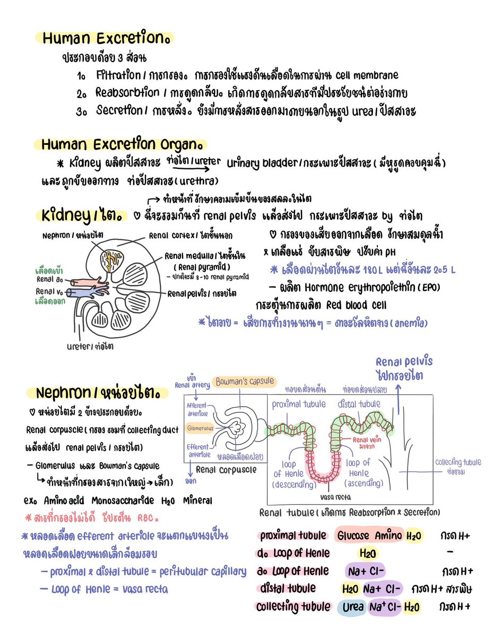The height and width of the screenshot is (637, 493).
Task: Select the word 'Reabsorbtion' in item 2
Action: pyautogui.click(x=127, y=92)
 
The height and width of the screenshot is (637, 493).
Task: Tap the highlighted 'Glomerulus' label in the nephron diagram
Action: pyautogui.click(x=200, y=427)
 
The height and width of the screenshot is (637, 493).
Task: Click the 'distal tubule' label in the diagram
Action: pyautogui.click(x=359, y=404)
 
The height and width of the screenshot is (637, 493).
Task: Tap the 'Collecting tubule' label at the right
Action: pyautogui.click(x=458, y=462)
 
